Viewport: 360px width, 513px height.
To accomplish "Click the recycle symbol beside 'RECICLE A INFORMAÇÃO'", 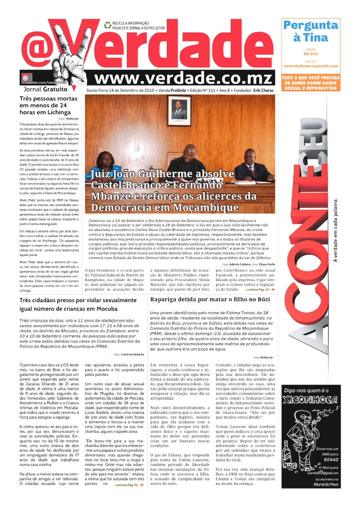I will pos(107,24).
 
